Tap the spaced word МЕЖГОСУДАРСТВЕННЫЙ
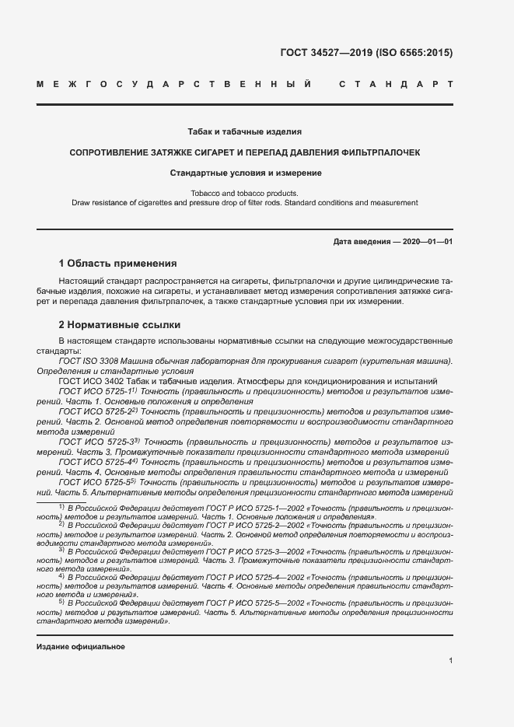tap(175, 83)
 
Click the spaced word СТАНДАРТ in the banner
tap(396, 83)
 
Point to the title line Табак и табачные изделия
tap(244, 132)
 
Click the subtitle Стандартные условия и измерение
tap(244, 173)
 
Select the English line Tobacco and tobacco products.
tap(244, 192)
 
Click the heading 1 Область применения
tap(117, 264)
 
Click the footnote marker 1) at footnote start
tap(61, 506)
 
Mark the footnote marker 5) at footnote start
tap(61, 603)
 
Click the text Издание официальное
tap(80, 647)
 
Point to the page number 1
tap(450, 661)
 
